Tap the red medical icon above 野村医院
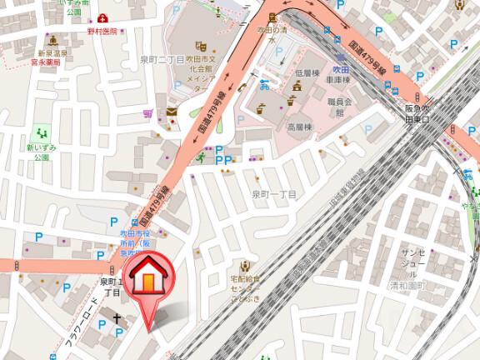click(102, 17)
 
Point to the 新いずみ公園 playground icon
click(40, 132)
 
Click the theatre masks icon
click(200, 47)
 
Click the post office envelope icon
click(172, 111)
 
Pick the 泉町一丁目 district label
click(274, 194)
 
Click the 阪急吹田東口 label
click(417, 113)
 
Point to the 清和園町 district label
click(407, 285)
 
